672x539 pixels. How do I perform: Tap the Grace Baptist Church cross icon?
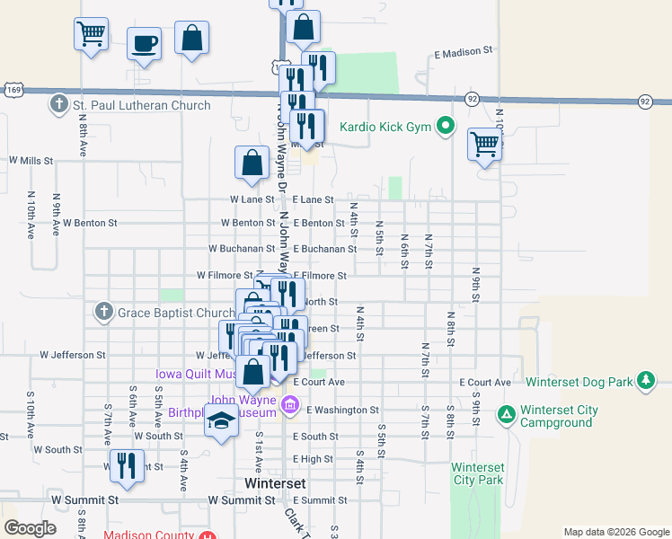[x=103, y=313]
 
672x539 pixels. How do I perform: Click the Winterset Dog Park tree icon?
[x=645, y=382]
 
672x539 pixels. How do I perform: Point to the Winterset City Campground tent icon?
[x=507, y=415]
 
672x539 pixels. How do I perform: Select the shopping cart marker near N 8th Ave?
[x=91, y=34]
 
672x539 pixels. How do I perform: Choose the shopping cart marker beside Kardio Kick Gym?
[x=484, y=143]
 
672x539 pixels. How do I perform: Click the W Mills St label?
[x=31, y=161]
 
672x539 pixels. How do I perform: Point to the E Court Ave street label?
[x=484, y=383]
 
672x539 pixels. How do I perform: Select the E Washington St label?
[x=342, y=410]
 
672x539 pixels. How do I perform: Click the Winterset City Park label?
[x=477, y=473]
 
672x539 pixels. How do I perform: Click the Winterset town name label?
[x=276, y=482]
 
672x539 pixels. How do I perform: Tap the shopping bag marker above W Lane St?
[x=252, y=163]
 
